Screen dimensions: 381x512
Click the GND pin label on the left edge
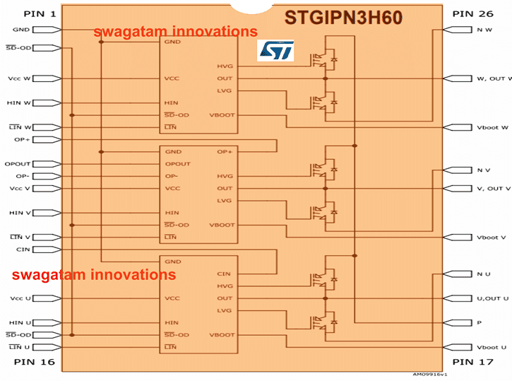tap(21, 30)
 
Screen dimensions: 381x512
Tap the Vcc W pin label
tap(19, 78)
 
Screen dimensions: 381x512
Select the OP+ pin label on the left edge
tap(23, 139)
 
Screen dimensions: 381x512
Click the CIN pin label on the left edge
tap(23, 250)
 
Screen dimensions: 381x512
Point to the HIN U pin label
tap(19, 322)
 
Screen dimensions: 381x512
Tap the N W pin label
tap(484, 30)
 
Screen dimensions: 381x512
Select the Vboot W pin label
tap(492, 127)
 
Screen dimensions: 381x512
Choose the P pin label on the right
tap(480, 322)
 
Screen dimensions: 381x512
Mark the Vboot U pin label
tap(492, 347)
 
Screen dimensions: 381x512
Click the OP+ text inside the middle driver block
tap(225, 151)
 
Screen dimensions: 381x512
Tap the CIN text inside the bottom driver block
tap(224, 274)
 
